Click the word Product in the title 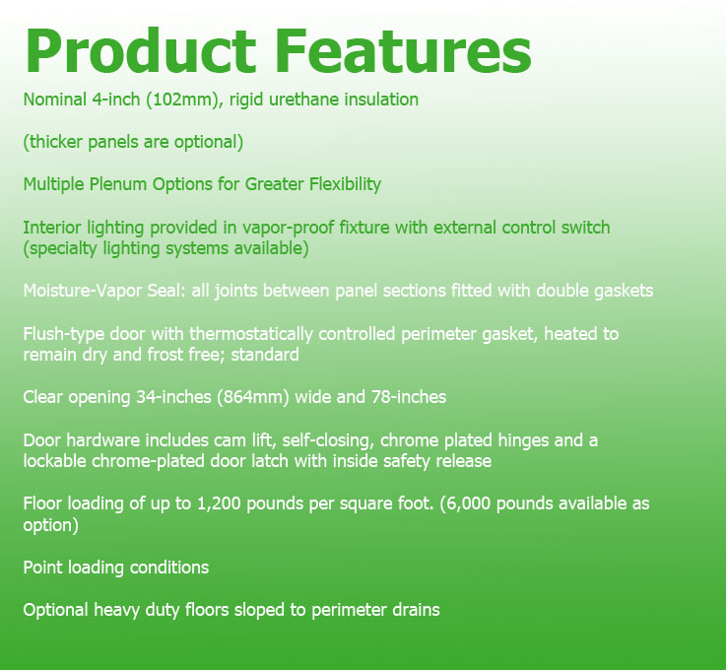(140, 51)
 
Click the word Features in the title (404, 51)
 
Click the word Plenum (117, 184)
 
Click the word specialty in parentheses (60, 248)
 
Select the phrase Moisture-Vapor (83, 291)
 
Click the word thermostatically (250, 334)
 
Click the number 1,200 (219, 504)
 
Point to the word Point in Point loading (42, 568)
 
